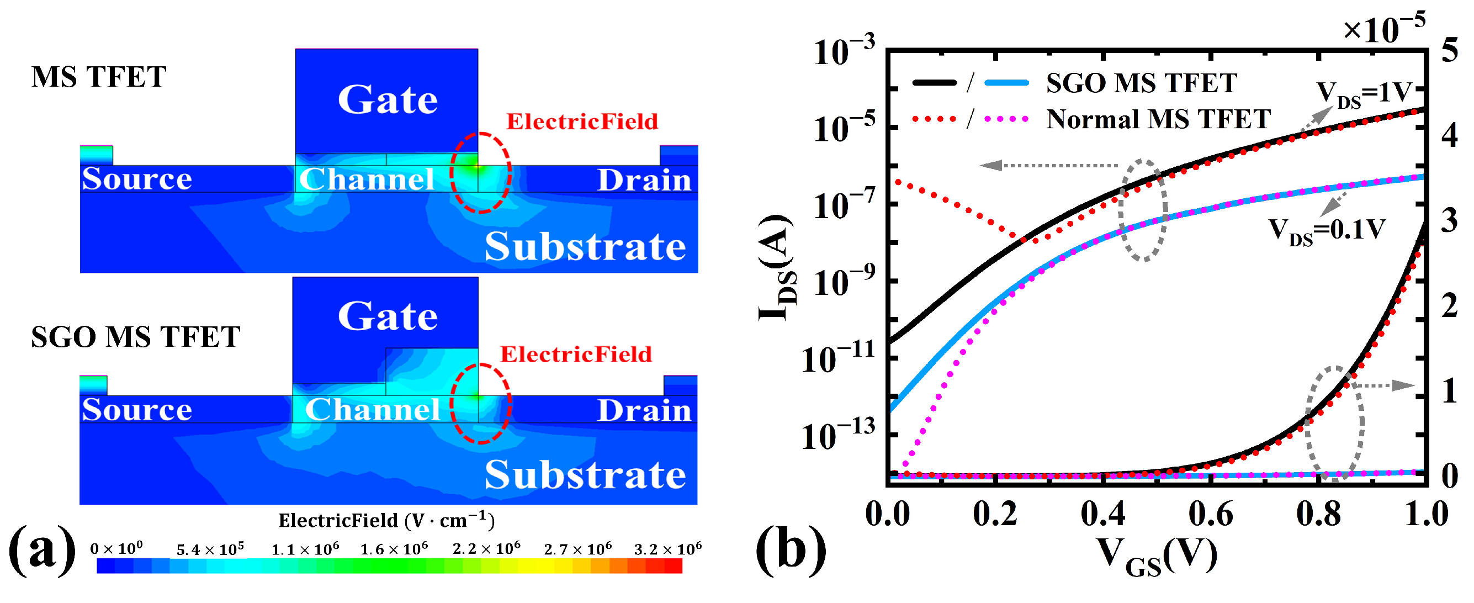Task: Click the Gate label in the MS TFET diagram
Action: pos(388,99)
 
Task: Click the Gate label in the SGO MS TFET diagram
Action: pos(388,316)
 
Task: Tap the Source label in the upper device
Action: pos(137,179)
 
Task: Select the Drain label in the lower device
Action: pos(644,410)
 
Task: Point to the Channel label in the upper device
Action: pos(367,179)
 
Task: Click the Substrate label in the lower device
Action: pos(585,475)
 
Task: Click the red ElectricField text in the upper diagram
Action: pos(582,121)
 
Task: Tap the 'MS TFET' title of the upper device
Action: pos(98,77)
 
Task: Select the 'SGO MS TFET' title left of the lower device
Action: pos(136,337)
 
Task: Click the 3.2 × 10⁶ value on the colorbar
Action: pos(667,549)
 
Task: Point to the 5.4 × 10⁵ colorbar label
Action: pos(210,549)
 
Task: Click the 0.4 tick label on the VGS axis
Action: pos(1102,514)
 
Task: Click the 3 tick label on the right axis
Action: pos(1449,221)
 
